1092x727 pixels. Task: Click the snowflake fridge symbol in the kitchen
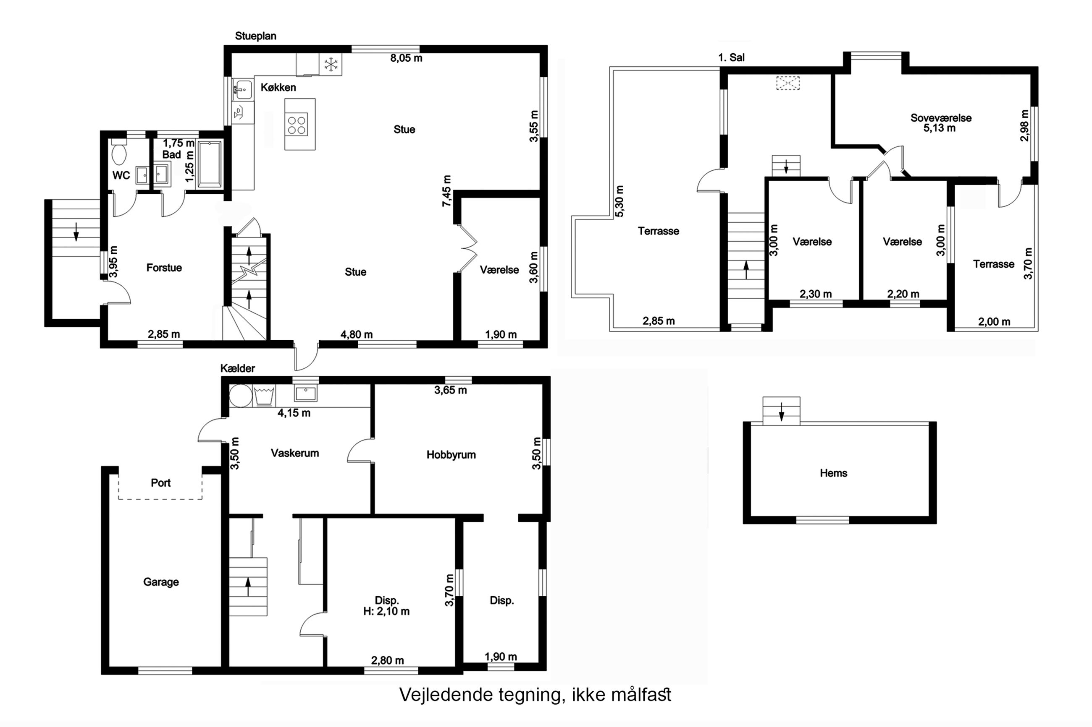[x=331, y=65]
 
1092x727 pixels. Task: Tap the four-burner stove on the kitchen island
[x=297, y=124]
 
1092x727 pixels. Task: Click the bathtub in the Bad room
[x=210, y=164]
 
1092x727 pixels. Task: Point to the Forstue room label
[x=164, y=268]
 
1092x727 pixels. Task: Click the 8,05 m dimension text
[x=406, y=58]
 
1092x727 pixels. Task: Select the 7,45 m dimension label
[x=446, y=190]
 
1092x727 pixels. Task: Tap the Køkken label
[x=278, y=87]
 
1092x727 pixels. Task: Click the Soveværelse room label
[x=941, y=118]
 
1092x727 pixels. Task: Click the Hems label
[x=834, y=473]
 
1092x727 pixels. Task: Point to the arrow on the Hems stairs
[x=782, y=412]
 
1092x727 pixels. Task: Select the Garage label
[x=160, y=582]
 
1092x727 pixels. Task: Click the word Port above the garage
[x=160, y=483]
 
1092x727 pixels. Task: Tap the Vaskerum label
[x=295, y=453]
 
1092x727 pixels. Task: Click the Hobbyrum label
[x=451, y=454]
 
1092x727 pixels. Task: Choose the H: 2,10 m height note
[x=386, y=611]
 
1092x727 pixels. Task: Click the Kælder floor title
[x=238, y=368]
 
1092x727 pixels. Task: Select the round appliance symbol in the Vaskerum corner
[x=240, y=396]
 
